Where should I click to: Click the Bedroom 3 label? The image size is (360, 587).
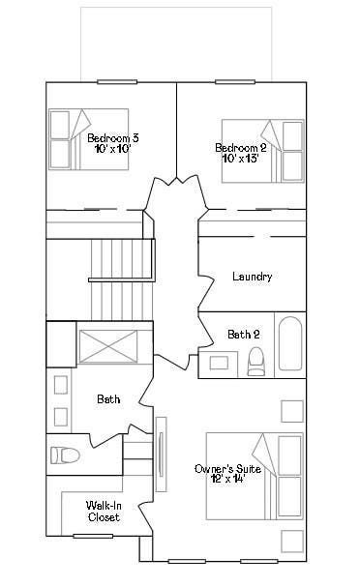(113, 137)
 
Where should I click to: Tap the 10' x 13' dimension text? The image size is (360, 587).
(241, 159)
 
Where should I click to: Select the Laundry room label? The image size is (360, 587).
(253, 277)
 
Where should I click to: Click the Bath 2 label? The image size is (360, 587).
(244, 334)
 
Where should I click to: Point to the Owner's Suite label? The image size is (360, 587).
(227, 469)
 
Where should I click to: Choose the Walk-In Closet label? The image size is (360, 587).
(104, 512)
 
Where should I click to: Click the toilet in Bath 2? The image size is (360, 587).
(255, 362)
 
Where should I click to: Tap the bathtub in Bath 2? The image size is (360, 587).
(290, 343)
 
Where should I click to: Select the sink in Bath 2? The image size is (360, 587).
(219, 364)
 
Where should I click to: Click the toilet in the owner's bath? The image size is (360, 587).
(65, 455)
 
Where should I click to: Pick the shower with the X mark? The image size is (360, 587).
(108, 346)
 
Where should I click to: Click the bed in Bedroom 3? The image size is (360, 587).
(89, 139)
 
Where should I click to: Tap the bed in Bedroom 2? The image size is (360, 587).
(262, 151)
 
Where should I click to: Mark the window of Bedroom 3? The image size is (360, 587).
(117, 82)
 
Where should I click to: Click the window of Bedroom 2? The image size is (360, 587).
(235, 82)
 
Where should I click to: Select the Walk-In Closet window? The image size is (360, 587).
(93, 536)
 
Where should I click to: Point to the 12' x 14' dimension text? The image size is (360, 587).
(228, 478)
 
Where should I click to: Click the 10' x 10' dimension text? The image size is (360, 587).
(112, 149)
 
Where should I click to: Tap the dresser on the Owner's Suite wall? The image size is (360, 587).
(161, 455)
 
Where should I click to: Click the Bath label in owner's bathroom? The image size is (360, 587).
(108, 399)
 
